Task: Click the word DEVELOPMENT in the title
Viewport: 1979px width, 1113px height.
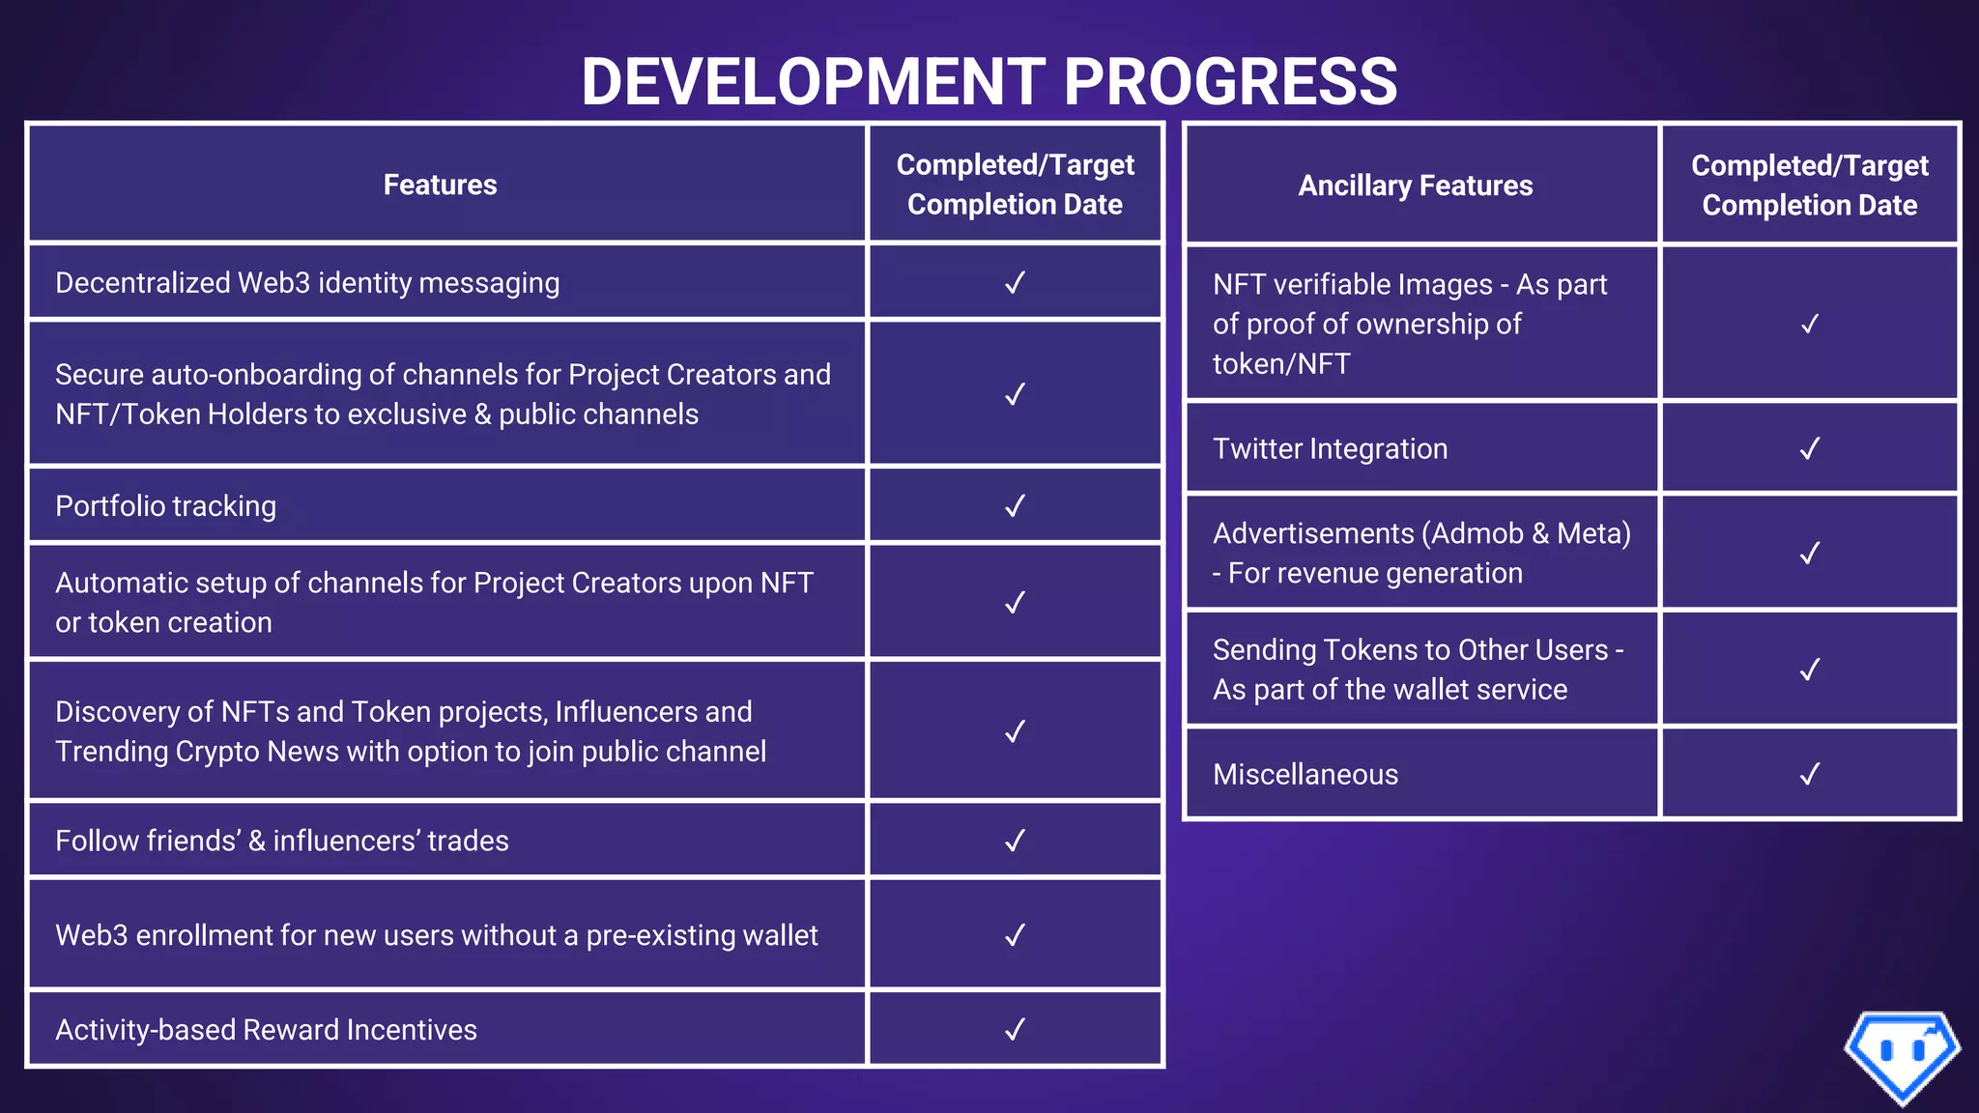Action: [x=813, y=81]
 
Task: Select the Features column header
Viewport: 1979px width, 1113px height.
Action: [x=440, y=185]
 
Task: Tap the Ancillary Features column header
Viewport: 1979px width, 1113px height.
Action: [x=1415, y=185]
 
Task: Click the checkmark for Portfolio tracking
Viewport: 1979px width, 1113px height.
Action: [x=1015, y=506]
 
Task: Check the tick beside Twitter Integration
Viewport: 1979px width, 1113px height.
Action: [x=1809, y=449]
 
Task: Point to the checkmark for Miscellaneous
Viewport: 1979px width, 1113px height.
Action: [x=1809, y=774]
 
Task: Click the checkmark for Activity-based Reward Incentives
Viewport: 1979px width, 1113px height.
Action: [x=1015, y=1030]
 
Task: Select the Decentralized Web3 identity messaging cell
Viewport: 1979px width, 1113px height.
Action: [x=307, y=283]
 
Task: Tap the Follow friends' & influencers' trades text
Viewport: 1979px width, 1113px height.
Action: [x=282, y=841]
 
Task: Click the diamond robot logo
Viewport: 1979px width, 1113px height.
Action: [x=1902, y=1056]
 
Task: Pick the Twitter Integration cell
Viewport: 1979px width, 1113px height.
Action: [x=1330, y=449]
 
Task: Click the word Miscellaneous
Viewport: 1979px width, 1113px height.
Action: [x=1305, y=775]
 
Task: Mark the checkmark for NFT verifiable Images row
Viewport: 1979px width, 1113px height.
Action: [x=1809, y=325]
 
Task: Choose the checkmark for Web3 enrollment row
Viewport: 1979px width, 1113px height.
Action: [x=1015, y=935]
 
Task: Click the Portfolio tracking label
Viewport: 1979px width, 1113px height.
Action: [x=165, y=506]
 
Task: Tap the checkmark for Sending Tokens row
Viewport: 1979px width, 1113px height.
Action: [x=1809, y=670]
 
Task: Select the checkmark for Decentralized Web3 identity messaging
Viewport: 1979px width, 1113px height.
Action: [x=1015, y=283]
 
